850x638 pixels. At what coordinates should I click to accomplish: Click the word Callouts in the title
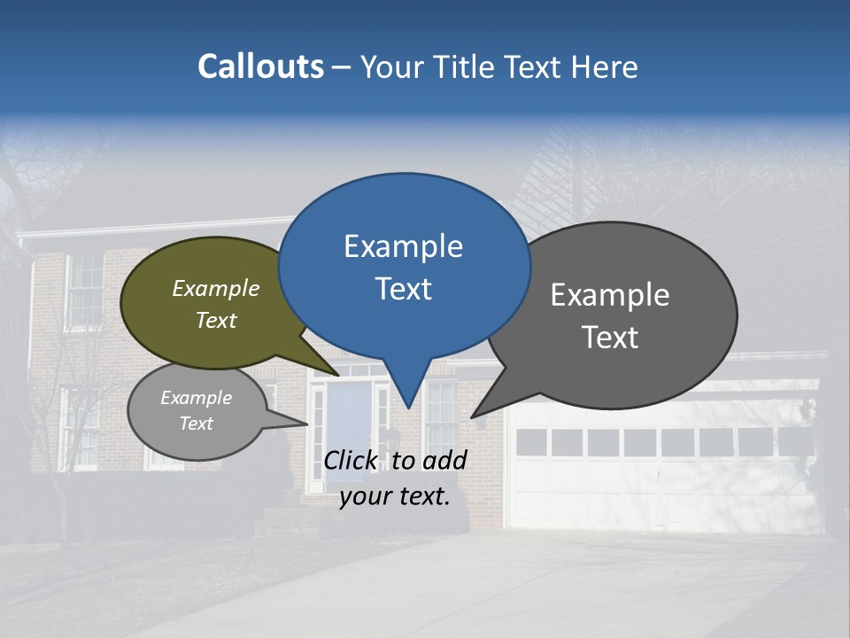260,66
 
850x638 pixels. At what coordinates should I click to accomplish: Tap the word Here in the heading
605,66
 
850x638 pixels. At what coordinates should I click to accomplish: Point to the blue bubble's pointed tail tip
407,406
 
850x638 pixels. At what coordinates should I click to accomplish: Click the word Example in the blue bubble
403,245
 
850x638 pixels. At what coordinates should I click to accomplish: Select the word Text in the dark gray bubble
610,337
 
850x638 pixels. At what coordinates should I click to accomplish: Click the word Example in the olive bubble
216,288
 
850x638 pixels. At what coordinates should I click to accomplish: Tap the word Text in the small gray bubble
196,424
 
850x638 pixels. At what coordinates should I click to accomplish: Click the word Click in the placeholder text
352,460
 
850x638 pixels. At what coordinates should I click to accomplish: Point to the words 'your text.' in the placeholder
394,495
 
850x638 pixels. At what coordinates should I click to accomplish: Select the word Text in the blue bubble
404,288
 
